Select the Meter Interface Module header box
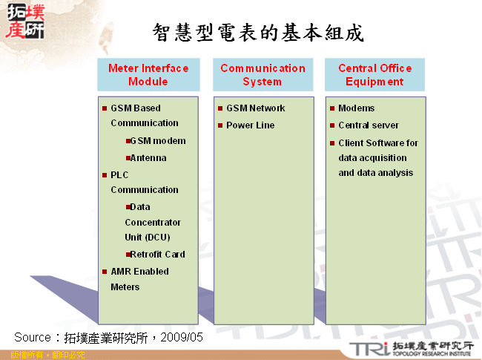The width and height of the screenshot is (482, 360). pos(148,74)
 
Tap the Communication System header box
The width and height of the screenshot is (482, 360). pos(263,74)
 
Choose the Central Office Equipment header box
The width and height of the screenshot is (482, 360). pos(374,74)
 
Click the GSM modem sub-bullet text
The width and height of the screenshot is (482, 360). pos(158,141)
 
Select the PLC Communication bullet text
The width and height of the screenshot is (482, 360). pos(144,182)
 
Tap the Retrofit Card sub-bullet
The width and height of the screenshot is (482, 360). pos(157,255)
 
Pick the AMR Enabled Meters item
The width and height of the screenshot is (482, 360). pos(139,279)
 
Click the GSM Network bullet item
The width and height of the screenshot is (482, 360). pos(255,108)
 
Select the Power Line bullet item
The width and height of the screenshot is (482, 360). pos(250,125)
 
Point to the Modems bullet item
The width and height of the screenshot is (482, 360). pos(357,108)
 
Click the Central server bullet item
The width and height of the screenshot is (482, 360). pos(368,125)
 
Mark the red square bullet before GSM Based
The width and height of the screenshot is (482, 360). pos(105,108)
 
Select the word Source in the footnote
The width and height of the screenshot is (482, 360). pos(32,337)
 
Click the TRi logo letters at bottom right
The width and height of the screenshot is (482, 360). pos(366,349)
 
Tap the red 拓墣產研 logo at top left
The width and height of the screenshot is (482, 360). pos(24,22)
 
